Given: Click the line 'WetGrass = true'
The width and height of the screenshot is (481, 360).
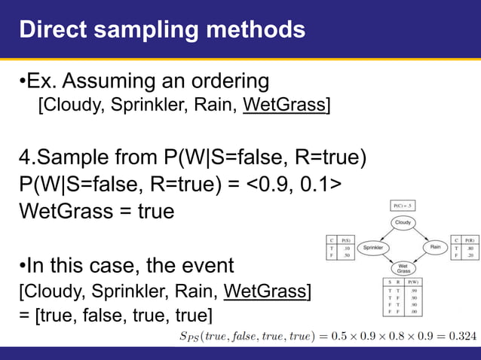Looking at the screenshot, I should coord(96,210).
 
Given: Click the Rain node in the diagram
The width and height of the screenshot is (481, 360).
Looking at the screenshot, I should coord(435,246).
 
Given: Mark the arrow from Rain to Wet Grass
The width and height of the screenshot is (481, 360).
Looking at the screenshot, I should coord(422,258).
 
